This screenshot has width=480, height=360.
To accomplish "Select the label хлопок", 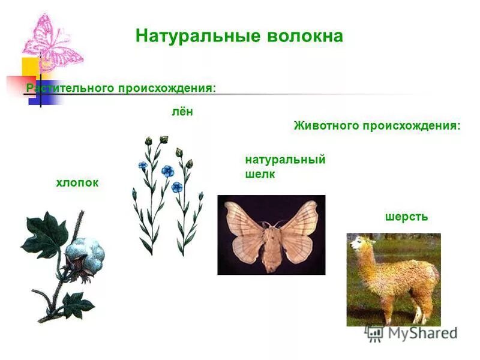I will click(x=77, y=182).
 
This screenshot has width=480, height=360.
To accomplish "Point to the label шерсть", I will click(x=406, y=217).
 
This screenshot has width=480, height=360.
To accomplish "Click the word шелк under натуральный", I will click(x=260, y=175).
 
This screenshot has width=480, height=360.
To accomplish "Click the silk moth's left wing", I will click(x=243, y=231).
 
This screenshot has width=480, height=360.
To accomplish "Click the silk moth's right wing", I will click(x=300, y=231).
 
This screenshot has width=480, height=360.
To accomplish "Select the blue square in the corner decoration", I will click(x=53, y=92).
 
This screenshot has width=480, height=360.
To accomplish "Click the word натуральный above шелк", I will click(x=285, y=160).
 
